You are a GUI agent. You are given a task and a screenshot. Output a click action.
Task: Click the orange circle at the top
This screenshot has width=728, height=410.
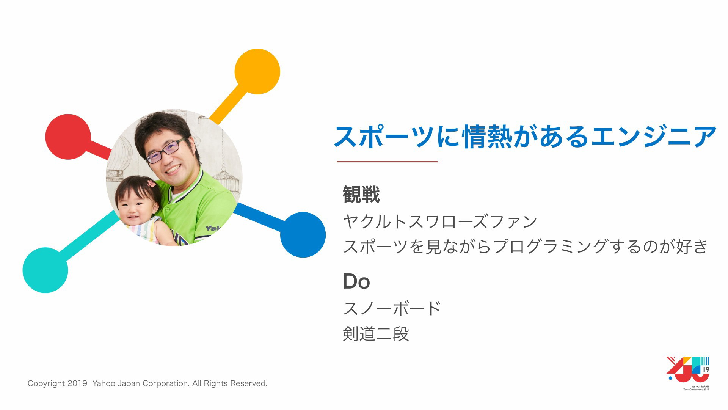(257, 71)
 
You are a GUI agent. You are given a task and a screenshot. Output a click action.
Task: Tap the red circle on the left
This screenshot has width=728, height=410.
(68, 137)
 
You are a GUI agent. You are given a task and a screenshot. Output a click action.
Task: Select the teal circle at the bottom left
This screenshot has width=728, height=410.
(45, 270)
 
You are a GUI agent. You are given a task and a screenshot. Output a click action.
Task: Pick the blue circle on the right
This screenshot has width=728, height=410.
(303, 235)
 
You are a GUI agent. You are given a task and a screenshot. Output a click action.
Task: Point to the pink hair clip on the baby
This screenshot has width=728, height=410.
(151, 184)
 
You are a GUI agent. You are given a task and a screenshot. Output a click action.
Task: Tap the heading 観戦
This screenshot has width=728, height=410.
(361, 195)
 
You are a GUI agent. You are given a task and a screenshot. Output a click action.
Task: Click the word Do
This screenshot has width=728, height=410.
(356, 281)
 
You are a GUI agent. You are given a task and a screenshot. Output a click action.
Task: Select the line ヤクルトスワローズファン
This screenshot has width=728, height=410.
(440, 221)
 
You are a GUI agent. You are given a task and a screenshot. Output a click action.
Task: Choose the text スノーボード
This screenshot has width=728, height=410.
(392, 308)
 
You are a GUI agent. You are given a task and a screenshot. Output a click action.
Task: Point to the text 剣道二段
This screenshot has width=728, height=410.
(376, 334)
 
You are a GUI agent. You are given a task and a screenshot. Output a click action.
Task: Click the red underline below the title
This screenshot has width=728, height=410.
(387, 162)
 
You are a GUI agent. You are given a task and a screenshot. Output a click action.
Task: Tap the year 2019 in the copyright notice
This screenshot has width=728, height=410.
(77, 383)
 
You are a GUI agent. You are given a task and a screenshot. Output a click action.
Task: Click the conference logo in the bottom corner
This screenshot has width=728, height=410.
(688, 373)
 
